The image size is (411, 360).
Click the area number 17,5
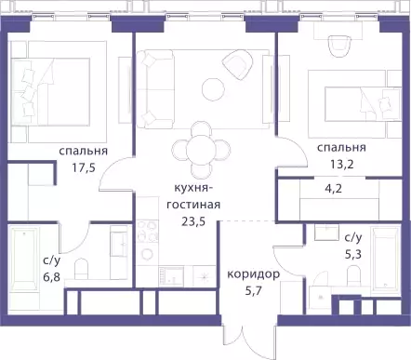(x=83, y=168)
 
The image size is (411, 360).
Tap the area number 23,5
(x=193, y=222)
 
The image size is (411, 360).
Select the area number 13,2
(x=342, y=164)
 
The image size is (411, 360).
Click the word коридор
(x=254, y=274)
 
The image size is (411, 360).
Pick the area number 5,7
(x=254, y=291)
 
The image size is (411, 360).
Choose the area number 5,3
(x=353, y=255)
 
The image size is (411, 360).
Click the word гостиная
(x=193, y=205)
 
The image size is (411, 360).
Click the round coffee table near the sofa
(x=213, y=89)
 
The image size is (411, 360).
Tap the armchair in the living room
(x=237, y=64)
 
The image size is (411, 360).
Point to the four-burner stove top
(x=148, y=231)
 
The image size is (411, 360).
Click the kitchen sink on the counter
(x=171, y=276)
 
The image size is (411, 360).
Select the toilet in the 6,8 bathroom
(x=82, y=269)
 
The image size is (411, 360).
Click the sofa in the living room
(x=155, y=89)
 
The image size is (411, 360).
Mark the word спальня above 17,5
(x=84, y=152)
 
